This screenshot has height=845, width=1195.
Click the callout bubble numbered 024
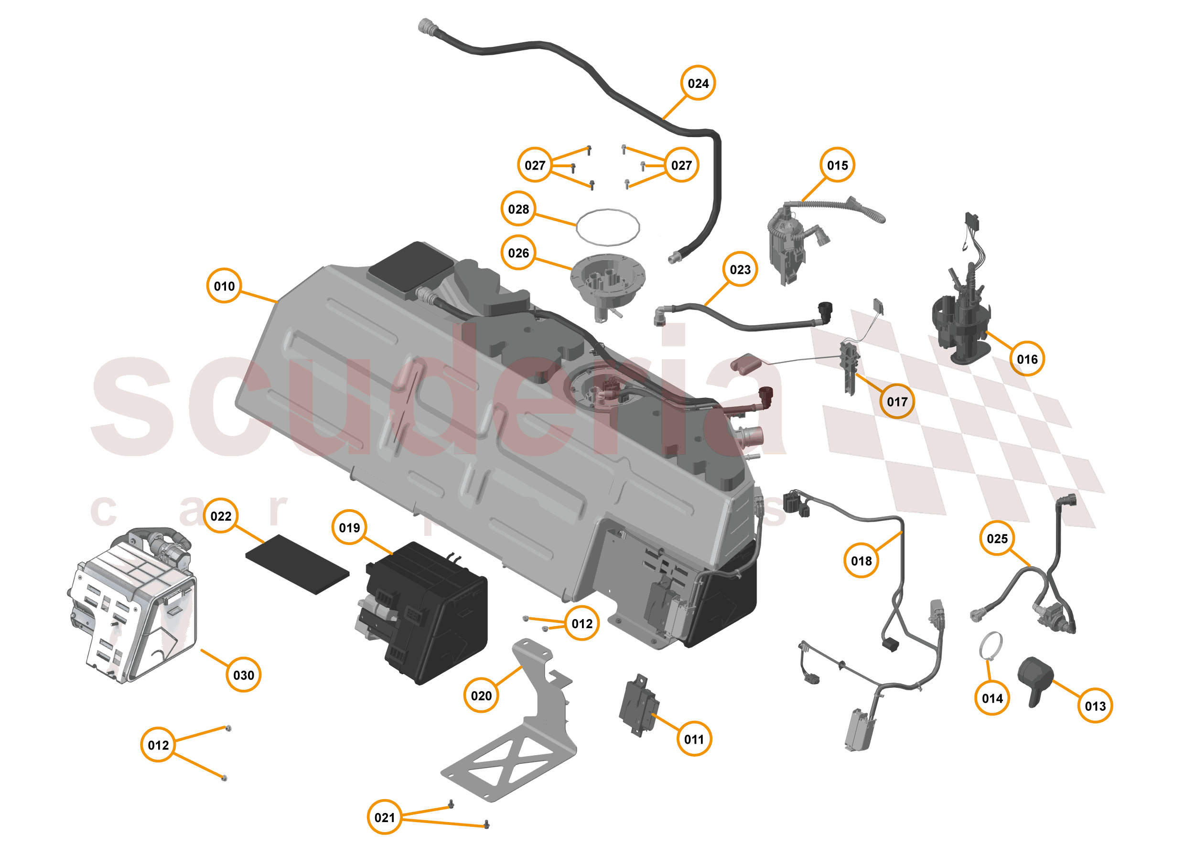[x=698, y=83]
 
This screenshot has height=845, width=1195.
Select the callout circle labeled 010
[x=224, y=286]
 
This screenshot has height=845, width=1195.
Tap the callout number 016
[x=1026, y=359]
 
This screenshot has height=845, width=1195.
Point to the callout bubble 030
[x=244, y=675]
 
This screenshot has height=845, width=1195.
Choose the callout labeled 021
[x=385, y=817]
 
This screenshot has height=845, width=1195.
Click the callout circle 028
[x=518, y=209]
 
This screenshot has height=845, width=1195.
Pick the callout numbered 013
[x=1095, y=706]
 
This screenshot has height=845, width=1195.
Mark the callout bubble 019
[x=349, y=528]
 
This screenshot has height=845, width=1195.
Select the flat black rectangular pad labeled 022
[x=297, y=564]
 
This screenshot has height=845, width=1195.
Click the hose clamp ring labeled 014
[x=990, y=645]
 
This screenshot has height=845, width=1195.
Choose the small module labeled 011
[x=639, y=705]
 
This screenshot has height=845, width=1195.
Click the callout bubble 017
[x=897, y=401]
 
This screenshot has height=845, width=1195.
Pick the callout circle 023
[x=740, y=269]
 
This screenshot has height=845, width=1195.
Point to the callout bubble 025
[x=997, y=538]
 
